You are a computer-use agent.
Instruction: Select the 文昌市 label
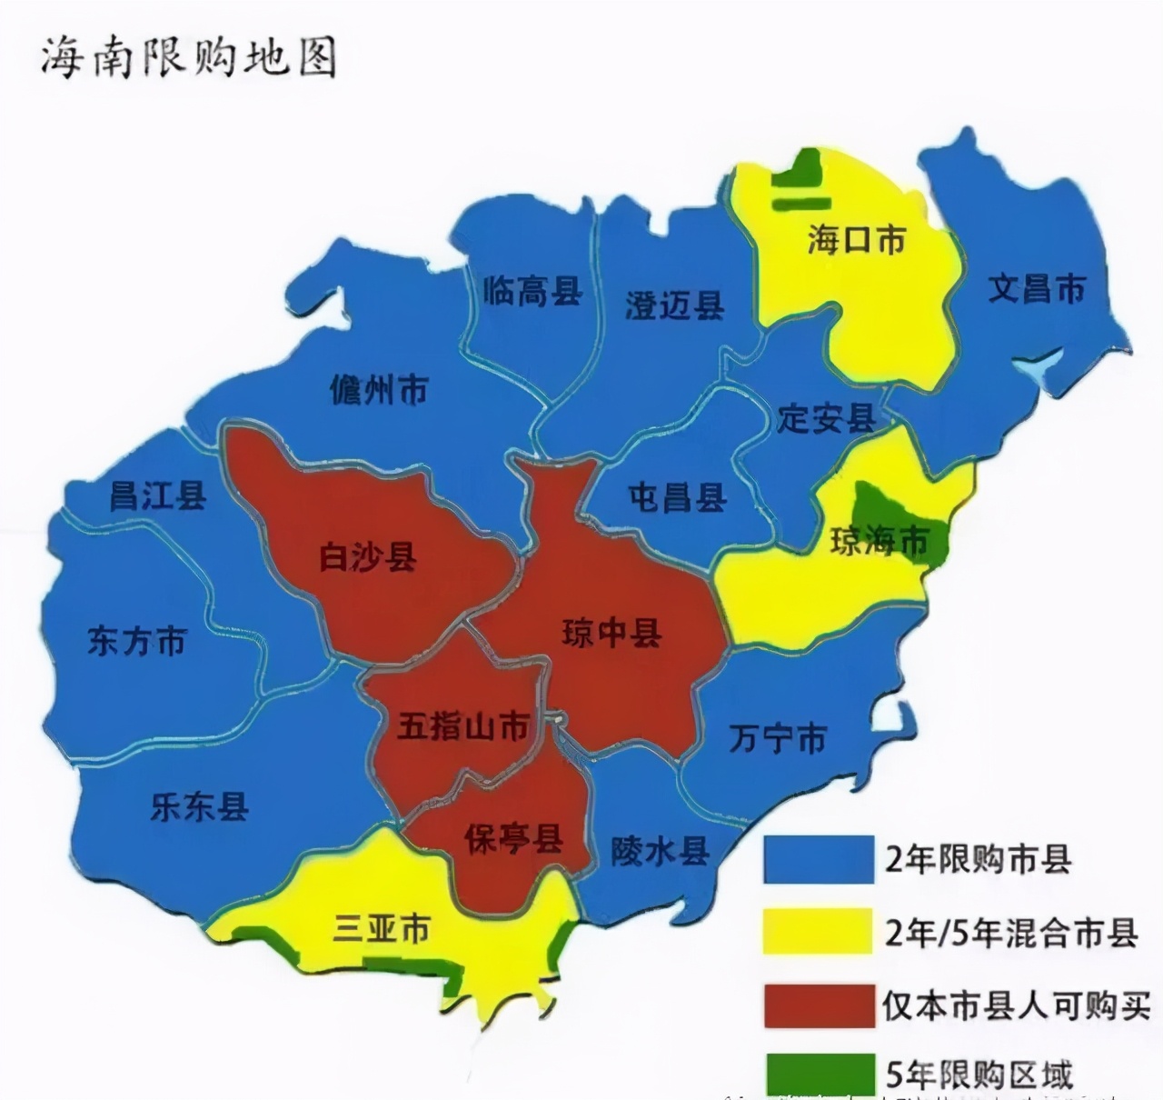pos(1036,288)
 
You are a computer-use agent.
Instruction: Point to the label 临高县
pos(532,291)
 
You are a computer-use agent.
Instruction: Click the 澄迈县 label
pos(674,305)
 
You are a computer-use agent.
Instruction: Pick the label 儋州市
pos(378,390)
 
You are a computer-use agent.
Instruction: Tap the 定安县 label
pos(826,418)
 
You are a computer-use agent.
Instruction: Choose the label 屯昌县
pos(677,497)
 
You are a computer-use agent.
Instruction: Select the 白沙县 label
pos(367,556)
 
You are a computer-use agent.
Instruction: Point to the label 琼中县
pos(611,633)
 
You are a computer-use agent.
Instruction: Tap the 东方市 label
pos(136,641)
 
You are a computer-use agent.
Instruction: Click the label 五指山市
pos(463,726)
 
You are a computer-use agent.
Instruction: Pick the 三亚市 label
pos(381,928)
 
